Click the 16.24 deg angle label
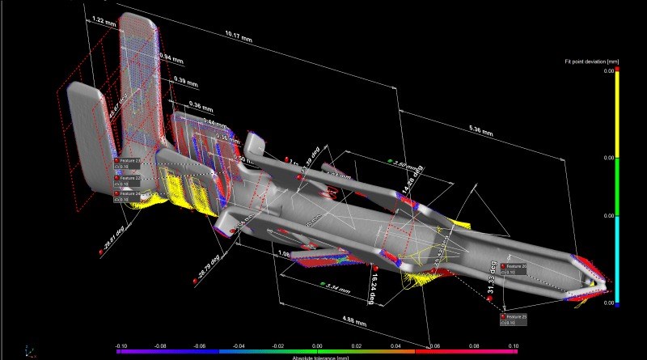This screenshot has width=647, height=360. click(x=373, y=286)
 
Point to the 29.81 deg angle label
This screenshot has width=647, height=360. click(x=112, y=239)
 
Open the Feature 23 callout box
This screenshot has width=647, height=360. click(x=130, y=164)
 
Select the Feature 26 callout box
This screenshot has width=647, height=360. click(x=514, y=269)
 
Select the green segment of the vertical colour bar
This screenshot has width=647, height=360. click(x=617, y=187)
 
